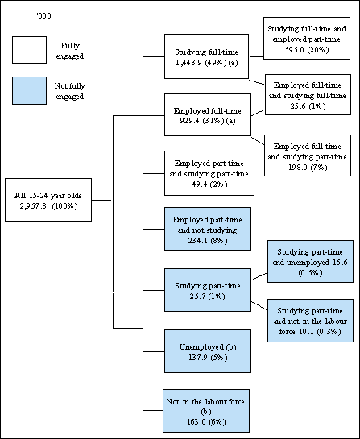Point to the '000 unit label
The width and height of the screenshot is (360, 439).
35,13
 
